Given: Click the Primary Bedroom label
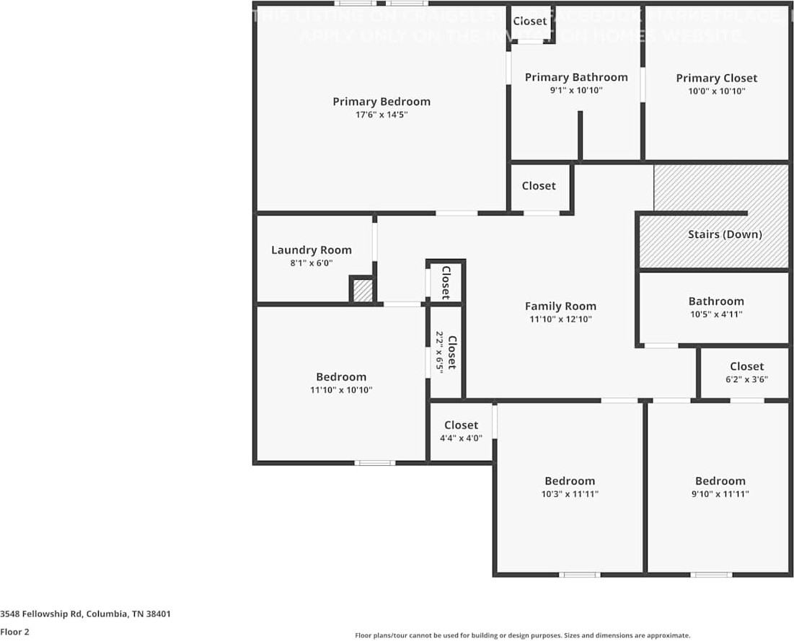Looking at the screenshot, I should click(x=381, y=102).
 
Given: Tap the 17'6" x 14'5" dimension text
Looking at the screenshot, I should click(x=381, y=115).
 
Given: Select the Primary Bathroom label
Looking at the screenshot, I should click(x=575, y=77).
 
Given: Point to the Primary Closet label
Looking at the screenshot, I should click(x=716, y=78).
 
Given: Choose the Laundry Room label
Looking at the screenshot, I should click(x=311, y=250).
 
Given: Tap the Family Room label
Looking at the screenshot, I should click(x=560, y=306).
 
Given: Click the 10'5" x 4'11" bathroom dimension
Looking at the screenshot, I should click(x=715, y=314).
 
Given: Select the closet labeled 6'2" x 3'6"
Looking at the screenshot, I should click(x=746, y=366).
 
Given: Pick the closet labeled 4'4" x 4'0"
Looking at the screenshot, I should click(x=461, y=425).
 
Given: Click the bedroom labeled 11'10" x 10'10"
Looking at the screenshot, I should click(x=340, y=376).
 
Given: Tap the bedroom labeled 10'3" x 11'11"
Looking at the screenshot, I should click(x=569, y=481).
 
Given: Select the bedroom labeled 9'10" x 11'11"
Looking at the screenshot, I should click(x=720, y=481).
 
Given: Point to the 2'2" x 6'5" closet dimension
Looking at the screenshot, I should click(x=438, y=352).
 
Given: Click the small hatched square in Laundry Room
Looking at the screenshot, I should click(x=363, y=291).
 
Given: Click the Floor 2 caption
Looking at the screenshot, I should click(x=15, y=632).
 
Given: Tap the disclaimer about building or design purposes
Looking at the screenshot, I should click(x=522, y=635).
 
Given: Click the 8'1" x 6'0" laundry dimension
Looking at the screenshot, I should click(x=311, y=264).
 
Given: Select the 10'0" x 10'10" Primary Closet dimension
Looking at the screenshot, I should click(x=716, y=91).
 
